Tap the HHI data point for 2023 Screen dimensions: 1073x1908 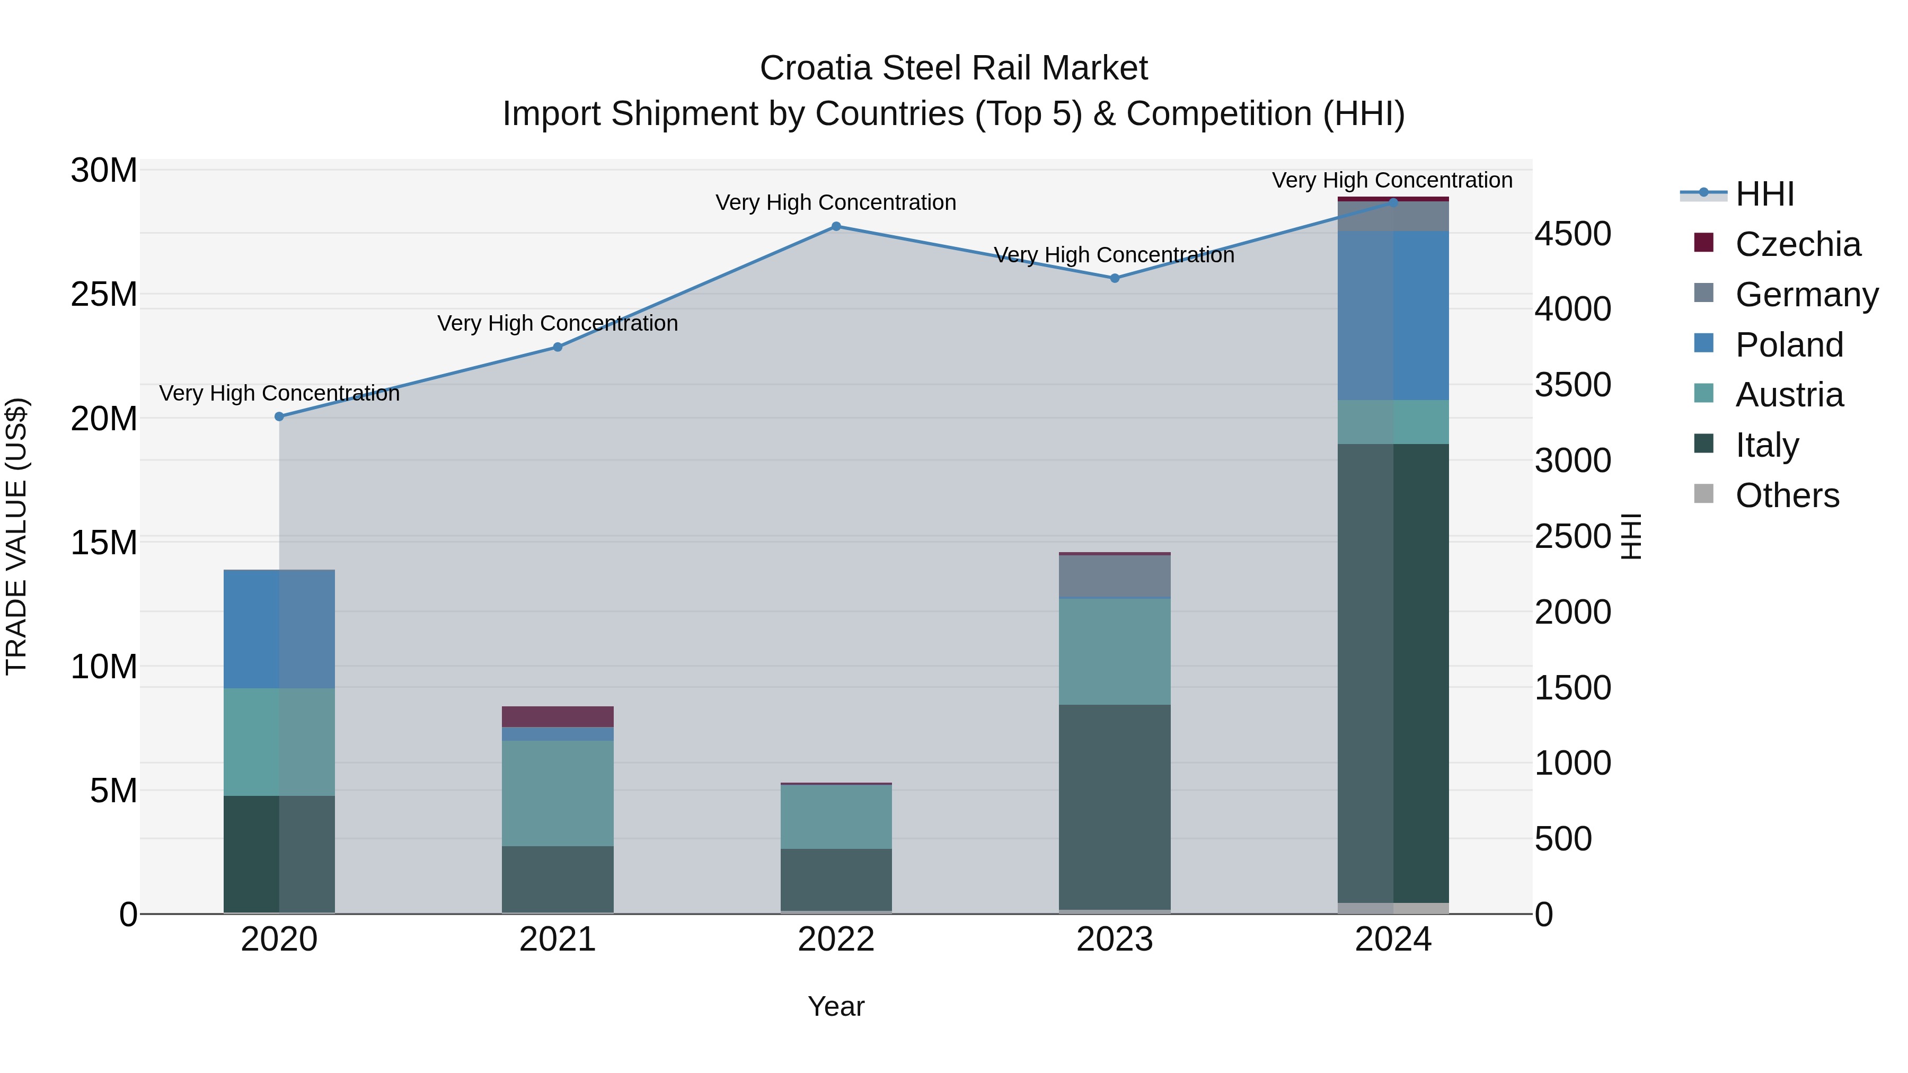1114,278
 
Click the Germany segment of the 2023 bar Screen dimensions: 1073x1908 1114,575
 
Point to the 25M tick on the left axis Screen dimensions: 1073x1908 104,295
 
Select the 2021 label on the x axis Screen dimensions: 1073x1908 557,939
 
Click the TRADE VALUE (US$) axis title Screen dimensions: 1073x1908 16,536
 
